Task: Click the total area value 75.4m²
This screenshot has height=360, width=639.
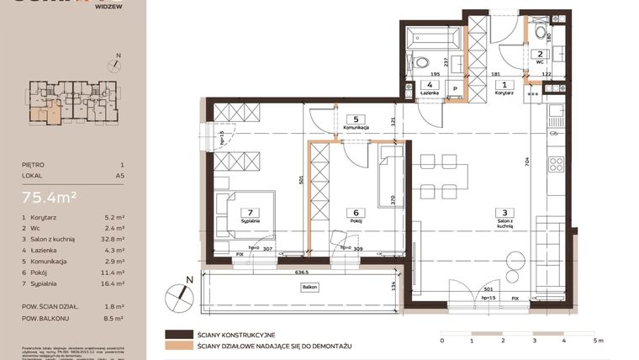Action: coord(50,198)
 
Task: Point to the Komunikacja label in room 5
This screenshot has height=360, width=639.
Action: coord(356,126)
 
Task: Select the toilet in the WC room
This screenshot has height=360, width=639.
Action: coord(539,33)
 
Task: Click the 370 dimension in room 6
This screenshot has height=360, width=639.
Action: coord(393,199)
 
